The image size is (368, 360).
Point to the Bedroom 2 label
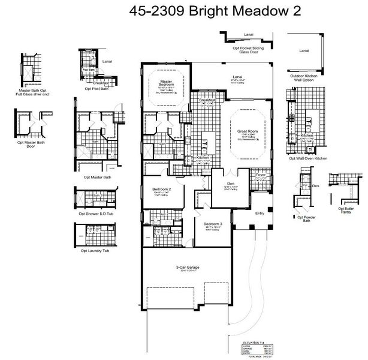point(160,189)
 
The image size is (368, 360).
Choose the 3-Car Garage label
point(187,267)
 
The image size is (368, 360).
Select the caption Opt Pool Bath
point(96,89)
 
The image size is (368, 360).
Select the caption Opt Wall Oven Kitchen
point(307,158)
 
